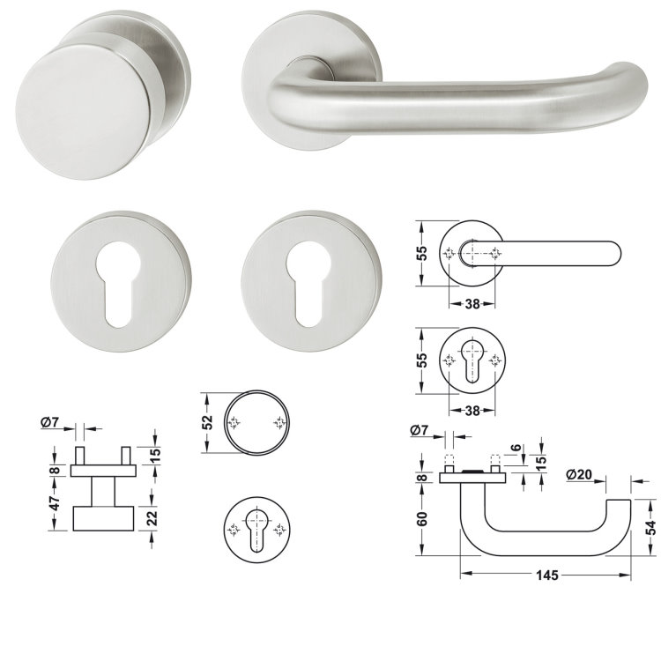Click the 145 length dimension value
(x=546, y=575)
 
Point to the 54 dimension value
(x=651, y=527)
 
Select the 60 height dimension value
(x=421, y=518)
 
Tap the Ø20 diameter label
(x=579, y=475)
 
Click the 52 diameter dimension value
(x=207, y=422)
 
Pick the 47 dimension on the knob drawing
(x=56, y=503)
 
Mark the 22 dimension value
(x=152, y=518)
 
